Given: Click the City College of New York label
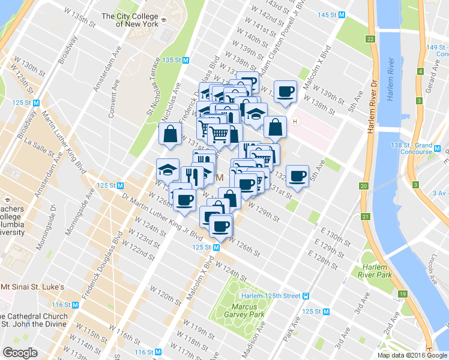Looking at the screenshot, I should [130, 20].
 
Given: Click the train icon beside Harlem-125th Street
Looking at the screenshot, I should [306, 296].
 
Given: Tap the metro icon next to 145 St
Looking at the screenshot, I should [342, 14].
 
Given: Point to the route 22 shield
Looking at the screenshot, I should [370, 39].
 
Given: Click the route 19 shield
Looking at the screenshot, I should [401, 294].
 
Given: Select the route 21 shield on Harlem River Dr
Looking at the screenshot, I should [364, 216].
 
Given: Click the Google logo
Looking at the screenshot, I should [20, 352].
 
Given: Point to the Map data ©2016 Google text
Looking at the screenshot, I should [412, 355].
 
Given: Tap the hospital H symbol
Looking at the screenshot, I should [295, 122].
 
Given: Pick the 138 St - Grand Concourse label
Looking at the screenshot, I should [427, 148].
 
